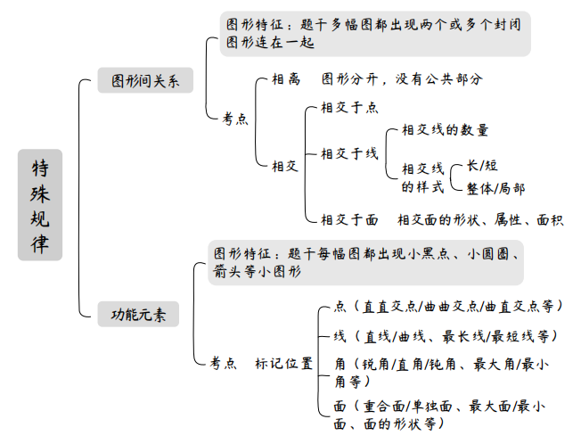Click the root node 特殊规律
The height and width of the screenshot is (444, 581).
click(40, 204)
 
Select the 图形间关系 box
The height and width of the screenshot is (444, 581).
click(145, 81)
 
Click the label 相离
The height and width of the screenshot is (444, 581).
click(285, 79)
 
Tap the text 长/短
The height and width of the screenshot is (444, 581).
click(481, 166)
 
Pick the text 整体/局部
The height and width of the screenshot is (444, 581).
click(495, 188)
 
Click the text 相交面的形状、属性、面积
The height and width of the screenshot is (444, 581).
click(480, 219)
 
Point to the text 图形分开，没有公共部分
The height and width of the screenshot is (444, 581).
click(402, 79)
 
